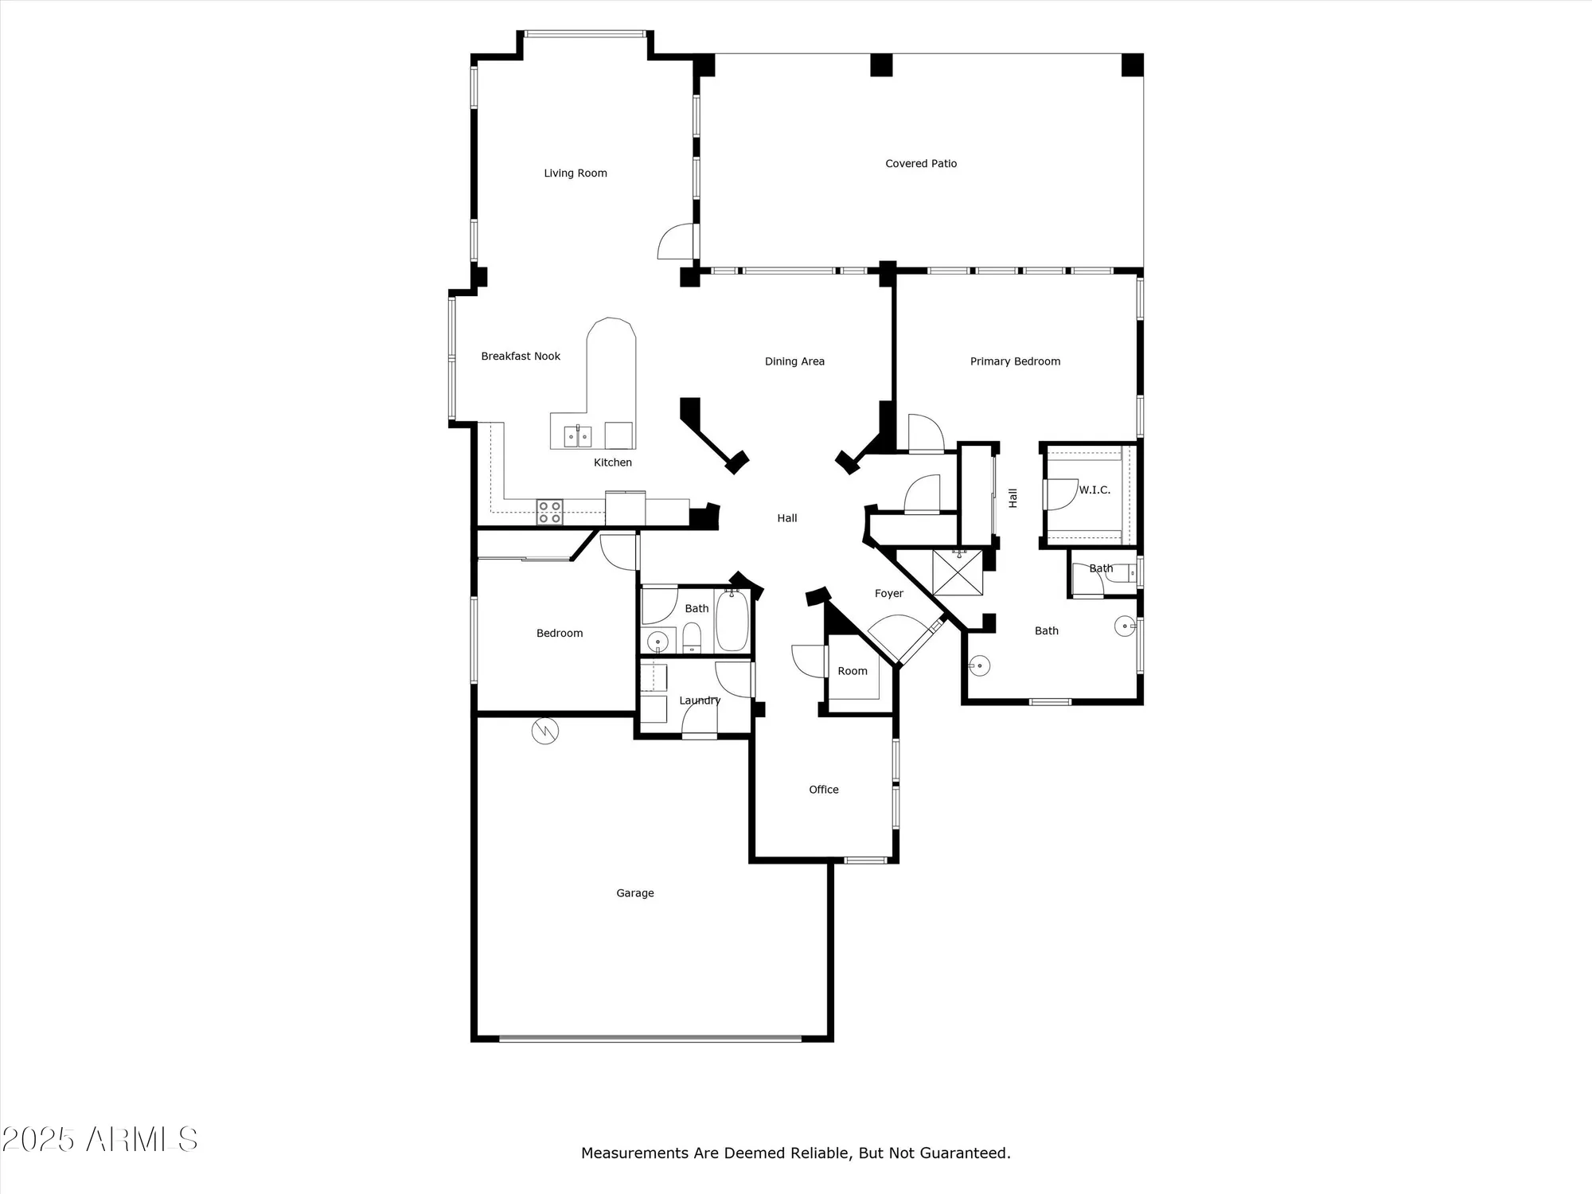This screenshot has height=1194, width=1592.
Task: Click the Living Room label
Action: [575, 173]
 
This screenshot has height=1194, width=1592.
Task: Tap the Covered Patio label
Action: [921, 163]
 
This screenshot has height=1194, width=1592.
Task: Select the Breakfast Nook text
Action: [521, 356]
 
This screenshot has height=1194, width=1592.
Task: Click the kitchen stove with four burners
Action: [549, 512]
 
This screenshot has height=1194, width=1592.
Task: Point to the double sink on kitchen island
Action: [578, 436]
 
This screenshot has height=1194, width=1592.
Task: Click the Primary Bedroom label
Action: [1015, 361]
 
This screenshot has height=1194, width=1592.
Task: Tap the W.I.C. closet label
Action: [1094, 490]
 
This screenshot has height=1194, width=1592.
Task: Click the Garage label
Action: [634, 893]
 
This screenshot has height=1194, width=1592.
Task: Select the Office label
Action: [824, 790]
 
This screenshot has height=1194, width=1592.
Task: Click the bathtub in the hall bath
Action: [732, 621]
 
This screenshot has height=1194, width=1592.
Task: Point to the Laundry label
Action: [700, 700]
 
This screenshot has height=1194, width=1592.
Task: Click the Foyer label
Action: [888, 593]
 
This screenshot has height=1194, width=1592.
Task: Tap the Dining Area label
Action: [794, 361]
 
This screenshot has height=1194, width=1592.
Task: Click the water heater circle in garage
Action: [545, 731]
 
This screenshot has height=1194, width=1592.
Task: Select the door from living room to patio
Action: [677, 242]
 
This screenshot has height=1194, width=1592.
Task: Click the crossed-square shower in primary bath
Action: [958, 572]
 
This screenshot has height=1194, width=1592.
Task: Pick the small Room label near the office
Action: [852, 671]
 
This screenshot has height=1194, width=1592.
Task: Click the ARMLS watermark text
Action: [99, 1140]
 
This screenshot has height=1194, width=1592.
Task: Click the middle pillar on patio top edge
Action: [881, 65]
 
